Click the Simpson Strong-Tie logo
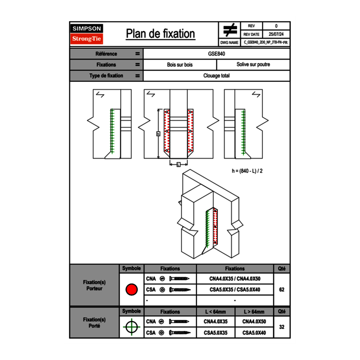(87, 34)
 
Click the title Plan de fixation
(160, 34)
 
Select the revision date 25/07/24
(276, 34)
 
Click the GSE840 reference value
(216, 54)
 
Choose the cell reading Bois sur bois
(180, 65)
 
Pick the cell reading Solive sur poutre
(253, 65)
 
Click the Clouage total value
(216, 76)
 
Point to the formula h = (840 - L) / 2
(247, 171)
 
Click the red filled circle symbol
(131, 290)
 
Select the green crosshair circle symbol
(131, 327)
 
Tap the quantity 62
(281, 290)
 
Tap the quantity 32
(281, 327)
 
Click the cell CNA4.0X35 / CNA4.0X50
(235, 279)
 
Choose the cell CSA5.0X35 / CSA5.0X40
(235, 290)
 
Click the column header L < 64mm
(216, 312)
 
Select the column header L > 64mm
(254, 312)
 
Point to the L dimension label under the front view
(178, 164)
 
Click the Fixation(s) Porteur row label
(94, 285)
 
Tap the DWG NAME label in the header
(229, 42)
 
